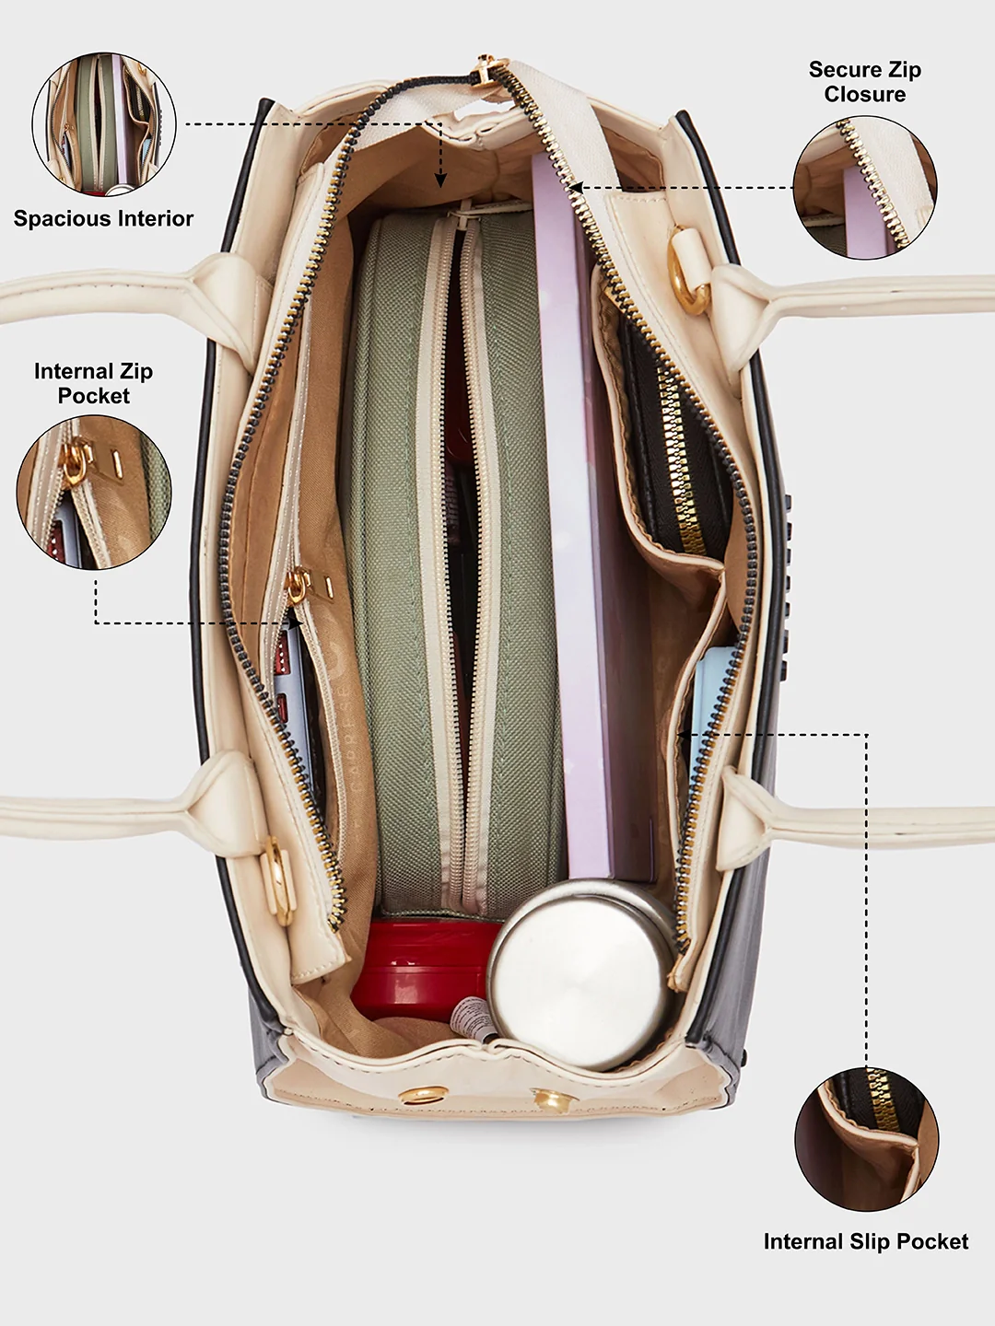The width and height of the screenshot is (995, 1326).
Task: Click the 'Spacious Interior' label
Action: click(x=103, y=218)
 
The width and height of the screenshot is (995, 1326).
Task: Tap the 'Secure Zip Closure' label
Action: click(x=864, y=82)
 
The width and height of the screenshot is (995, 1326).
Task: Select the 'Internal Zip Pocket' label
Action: click(x=94, y=383)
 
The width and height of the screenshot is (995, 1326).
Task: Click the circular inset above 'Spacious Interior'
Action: click(x=104, y=123)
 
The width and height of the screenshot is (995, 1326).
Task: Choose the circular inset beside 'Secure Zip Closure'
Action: click(x=864, y=187)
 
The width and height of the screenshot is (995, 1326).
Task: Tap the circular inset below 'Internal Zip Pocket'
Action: click(x=94, y=493)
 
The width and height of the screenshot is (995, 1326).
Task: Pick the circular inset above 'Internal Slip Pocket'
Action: click(x=866, y=1139)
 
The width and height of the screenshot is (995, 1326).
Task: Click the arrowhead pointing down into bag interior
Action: click(x=441, y=180)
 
